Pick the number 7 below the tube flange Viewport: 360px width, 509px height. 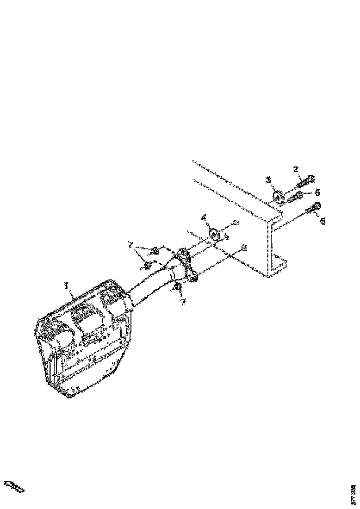(184, 301)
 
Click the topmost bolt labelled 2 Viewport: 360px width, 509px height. (306, 180)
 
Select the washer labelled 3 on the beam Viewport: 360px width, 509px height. (278, 197)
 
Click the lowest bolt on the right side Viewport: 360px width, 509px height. (313, 208)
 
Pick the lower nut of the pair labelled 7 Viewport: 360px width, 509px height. (147, 265)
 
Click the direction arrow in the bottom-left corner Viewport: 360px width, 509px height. (14, 486)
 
